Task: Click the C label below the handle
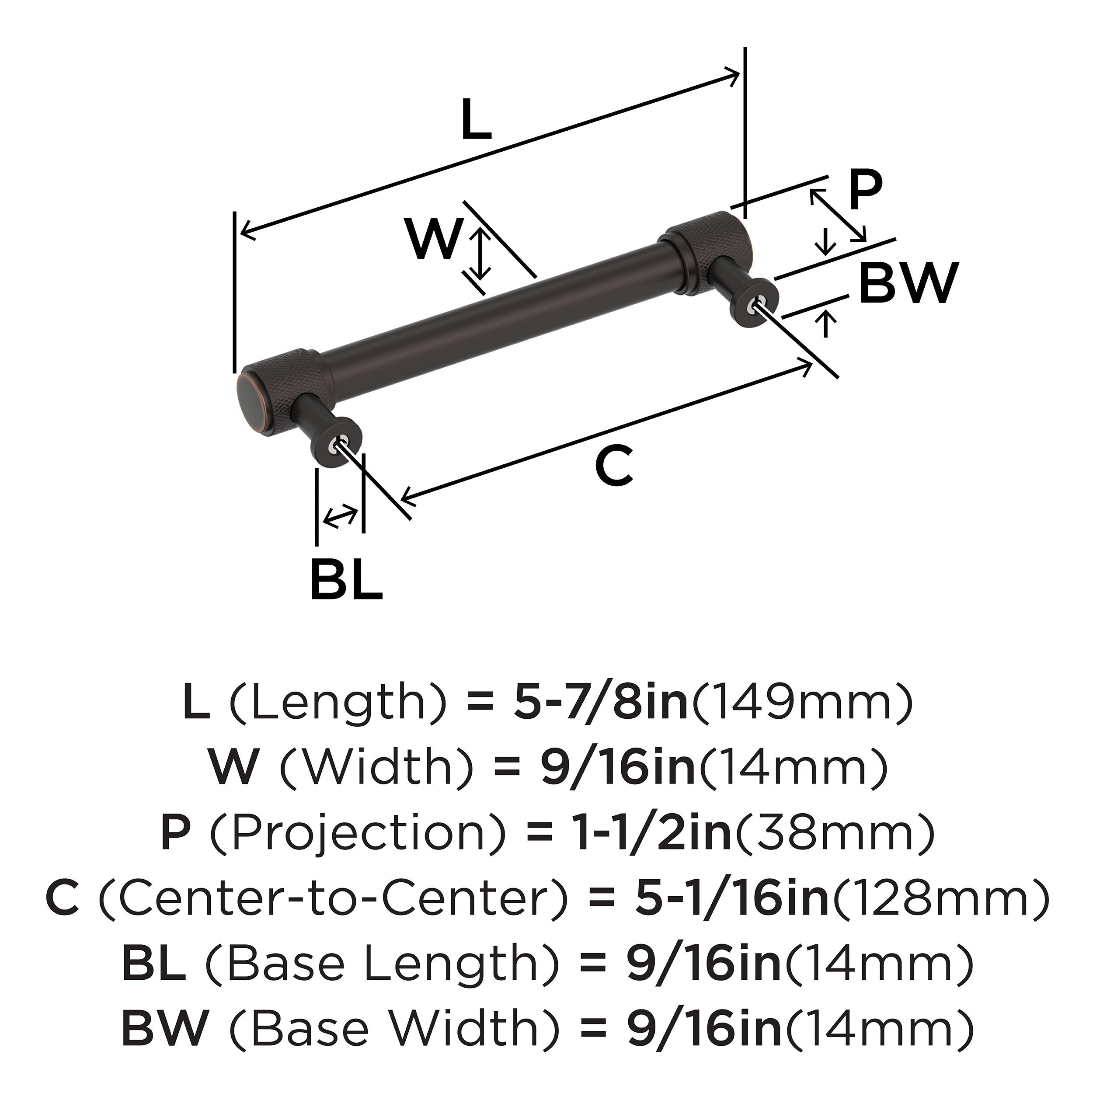614,466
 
